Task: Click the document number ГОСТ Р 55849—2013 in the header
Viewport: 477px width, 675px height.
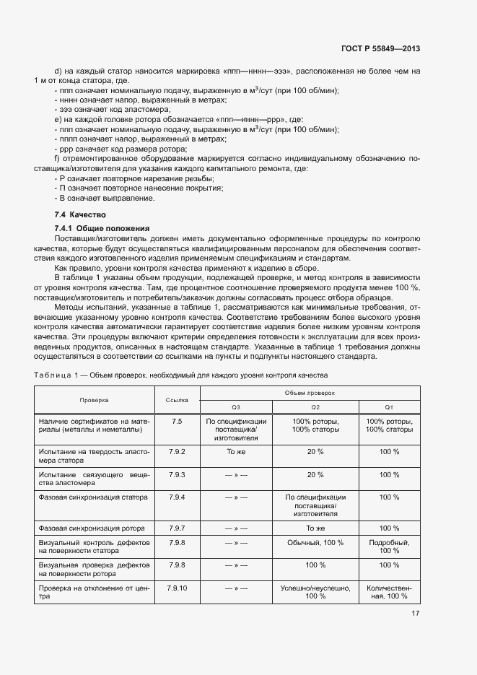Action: click(380, 48)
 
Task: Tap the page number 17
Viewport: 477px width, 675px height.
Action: click(416, 614)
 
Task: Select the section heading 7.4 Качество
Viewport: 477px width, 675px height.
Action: click(80, 214)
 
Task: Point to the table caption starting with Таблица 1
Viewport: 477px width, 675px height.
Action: click(180, 375)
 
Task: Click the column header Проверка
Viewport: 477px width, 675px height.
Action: click(94, 399)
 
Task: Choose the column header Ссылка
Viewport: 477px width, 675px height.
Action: click(177, 399)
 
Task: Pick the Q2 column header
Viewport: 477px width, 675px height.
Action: click(315, 406)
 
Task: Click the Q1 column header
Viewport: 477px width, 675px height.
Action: click(389, 406)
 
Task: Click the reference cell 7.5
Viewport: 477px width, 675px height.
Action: click(177, 420)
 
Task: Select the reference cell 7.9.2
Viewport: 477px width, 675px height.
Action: click(177, 452)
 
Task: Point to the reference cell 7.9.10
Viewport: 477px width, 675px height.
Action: click(177, 588)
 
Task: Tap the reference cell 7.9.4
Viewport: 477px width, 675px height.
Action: click(177, 497)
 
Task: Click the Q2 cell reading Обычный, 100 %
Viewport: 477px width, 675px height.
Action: click(315, 542)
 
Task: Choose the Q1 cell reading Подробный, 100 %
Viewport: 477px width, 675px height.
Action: click(389, 546)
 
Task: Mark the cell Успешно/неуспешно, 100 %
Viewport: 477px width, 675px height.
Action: click(315, 593)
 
